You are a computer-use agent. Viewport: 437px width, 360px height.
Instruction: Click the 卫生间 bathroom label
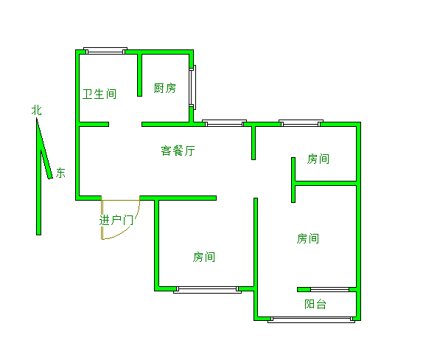click(99, 94)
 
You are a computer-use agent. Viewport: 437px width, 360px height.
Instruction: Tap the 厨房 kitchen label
click(165, 89)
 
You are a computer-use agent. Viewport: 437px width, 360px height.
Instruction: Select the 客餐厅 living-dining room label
click(178, 150)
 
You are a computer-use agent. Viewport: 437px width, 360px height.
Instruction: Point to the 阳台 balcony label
click(315, 304)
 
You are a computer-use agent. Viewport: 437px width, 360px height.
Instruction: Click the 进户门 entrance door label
click(116, 220)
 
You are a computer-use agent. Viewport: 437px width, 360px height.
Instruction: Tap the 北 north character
click(37, 110)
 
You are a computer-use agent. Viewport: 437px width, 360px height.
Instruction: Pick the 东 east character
click(60, 173)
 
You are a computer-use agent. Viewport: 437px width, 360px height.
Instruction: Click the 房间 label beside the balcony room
click(308, 238)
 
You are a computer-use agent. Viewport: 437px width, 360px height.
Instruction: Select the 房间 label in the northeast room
click(318, 159)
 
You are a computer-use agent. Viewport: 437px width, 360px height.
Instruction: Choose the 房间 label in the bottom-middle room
click(204, 257)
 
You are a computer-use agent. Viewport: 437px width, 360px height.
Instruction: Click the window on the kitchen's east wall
click(192, 87)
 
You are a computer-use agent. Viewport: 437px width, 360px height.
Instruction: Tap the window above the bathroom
click(105, 51)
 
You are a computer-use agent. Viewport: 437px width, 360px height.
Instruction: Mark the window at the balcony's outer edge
click(311, 319)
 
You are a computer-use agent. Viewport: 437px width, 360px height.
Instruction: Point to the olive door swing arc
click(129, 229)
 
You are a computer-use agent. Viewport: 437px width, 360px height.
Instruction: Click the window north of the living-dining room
click(224, 123)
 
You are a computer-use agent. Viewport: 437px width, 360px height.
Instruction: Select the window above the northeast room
click(301, 123)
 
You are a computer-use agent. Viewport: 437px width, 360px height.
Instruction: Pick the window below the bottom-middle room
click(208, 290)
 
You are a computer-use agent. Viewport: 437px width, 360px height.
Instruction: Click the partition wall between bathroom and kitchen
click(139, 75)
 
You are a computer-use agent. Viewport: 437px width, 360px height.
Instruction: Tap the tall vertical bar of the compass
click(39, 176)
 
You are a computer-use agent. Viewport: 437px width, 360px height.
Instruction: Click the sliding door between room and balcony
click(329, 289)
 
